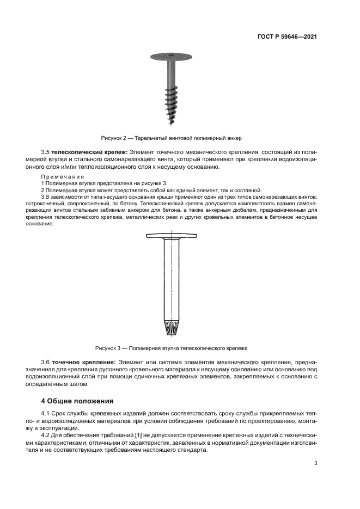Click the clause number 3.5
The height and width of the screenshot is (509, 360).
pyautogui.click(x=46, y=151)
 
